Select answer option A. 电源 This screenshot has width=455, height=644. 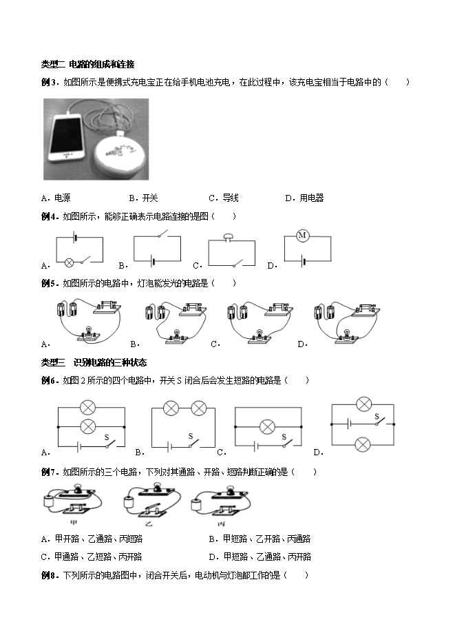click(56, 198)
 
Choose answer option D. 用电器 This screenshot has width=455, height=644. click(304, 198)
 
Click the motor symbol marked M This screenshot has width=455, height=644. click(302, 236)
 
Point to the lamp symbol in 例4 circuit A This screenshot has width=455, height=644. click(70, 261)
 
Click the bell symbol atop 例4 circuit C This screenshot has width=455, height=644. click(228, 236)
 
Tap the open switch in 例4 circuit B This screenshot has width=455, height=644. click(163, 234)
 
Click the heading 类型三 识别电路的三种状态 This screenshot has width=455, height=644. click(94, 362)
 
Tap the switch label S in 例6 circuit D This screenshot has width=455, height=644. click(377, 416)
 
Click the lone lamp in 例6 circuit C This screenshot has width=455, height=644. click(268, 427)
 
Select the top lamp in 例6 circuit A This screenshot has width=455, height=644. click(87, 408)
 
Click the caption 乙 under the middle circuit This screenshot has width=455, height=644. click(149, 523)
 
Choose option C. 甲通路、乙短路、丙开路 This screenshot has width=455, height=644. click(92, 557)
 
